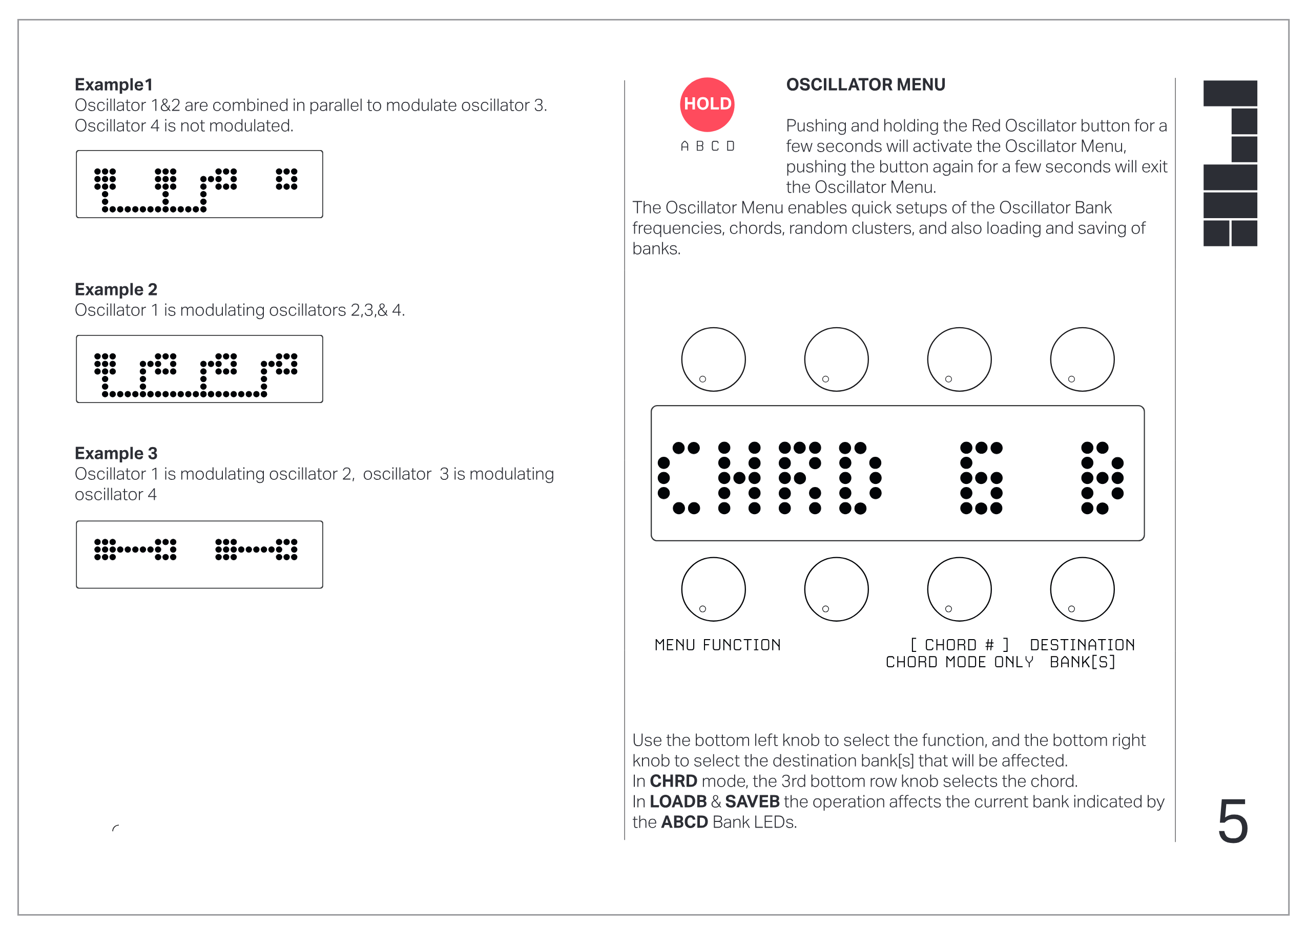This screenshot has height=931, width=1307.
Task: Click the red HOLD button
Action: (x=707, y=104)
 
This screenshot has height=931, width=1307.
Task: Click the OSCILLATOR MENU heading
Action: (x=865, y=85)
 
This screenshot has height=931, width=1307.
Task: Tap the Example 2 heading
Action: (x=116, y=289)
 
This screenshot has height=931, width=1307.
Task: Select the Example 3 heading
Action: (x=116, y=453)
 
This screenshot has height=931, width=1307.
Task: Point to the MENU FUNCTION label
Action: (x=717, y=645)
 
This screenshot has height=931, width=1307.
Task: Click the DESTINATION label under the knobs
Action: (x=1082, y=645)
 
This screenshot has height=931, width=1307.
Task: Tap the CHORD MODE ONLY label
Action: (x=959, y=662)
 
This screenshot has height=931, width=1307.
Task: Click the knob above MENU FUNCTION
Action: (x=713, y=589)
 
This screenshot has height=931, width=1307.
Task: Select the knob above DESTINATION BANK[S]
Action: (x=1082, y=589)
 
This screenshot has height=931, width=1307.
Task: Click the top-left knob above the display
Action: (x=713, y=359)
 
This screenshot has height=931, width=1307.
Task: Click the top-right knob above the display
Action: (x=1082, y=359)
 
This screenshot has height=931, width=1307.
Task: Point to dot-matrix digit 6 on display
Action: (x=981, y=478)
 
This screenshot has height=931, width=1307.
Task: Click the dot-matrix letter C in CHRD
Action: (x=678, y=478)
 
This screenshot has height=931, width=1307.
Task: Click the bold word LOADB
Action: (x=678, y=801)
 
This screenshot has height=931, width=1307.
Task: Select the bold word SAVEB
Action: (x=752, y=801)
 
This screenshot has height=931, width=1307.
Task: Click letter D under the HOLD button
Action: (x=730, y=146)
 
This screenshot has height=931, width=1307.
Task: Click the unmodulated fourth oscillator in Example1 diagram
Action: (x=286, y=179)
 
